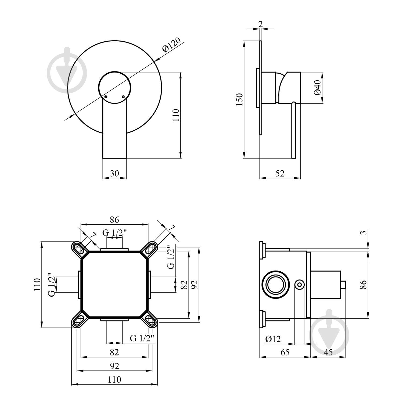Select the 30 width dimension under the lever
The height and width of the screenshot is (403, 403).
[x=114, y=173]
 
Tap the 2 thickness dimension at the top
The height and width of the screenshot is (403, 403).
[x=260, y=24]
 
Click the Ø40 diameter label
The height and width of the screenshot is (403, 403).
[x=317, y=88]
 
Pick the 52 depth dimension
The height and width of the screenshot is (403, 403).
[x=280, y=173]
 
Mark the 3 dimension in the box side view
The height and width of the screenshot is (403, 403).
[x=363, y=232]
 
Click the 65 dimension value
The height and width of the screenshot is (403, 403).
[x=285, y=352]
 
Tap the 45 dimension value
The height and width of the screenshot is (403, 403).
[x=328, y=352]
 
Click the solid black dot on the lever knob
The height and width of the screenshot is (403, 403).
[x=106, y=97]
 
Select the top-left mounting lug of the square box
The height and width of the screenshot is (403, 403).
[x=79, y=249]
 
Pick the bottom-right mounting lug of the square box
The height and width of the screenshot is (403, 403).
[x=150, y=320]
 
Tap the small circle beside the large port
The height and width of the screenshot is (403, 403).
[x=299, y=285]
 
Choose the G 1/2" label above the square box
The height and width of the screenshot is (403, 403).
[x=114, y=233]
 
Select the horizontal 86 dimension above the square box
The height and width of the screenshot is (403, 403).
[x=114, y=220]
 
